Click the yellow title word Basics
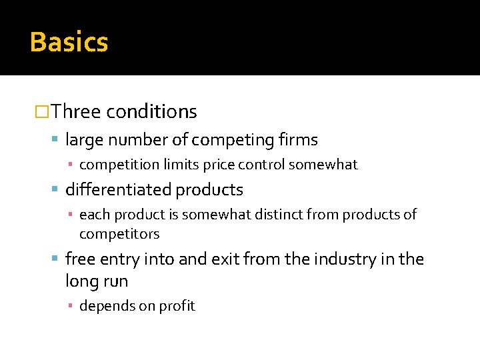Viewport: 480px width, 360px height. pyautogui.click(x=69, y=42)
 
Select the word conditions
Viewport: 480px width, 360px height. pyautogui.click(x=151, y=111)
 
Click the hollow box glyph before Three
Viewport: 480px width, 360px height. pyautogui.click(x=41, y=111)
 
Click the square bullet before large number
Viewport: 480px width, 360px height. pyautogui.click(x=55, y=140)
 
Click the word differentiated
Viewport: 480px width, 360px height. pyautogui.click(x=119, y=190)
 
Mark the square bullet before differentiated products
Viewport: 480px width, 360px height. pyautogui.click(x=55, y=190)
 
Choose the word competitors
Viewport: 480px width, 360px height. pyautogui.click(x=119, y=234)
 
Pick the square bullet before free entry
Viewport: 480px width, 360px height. pyautogui.click(x=55, y=259)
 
